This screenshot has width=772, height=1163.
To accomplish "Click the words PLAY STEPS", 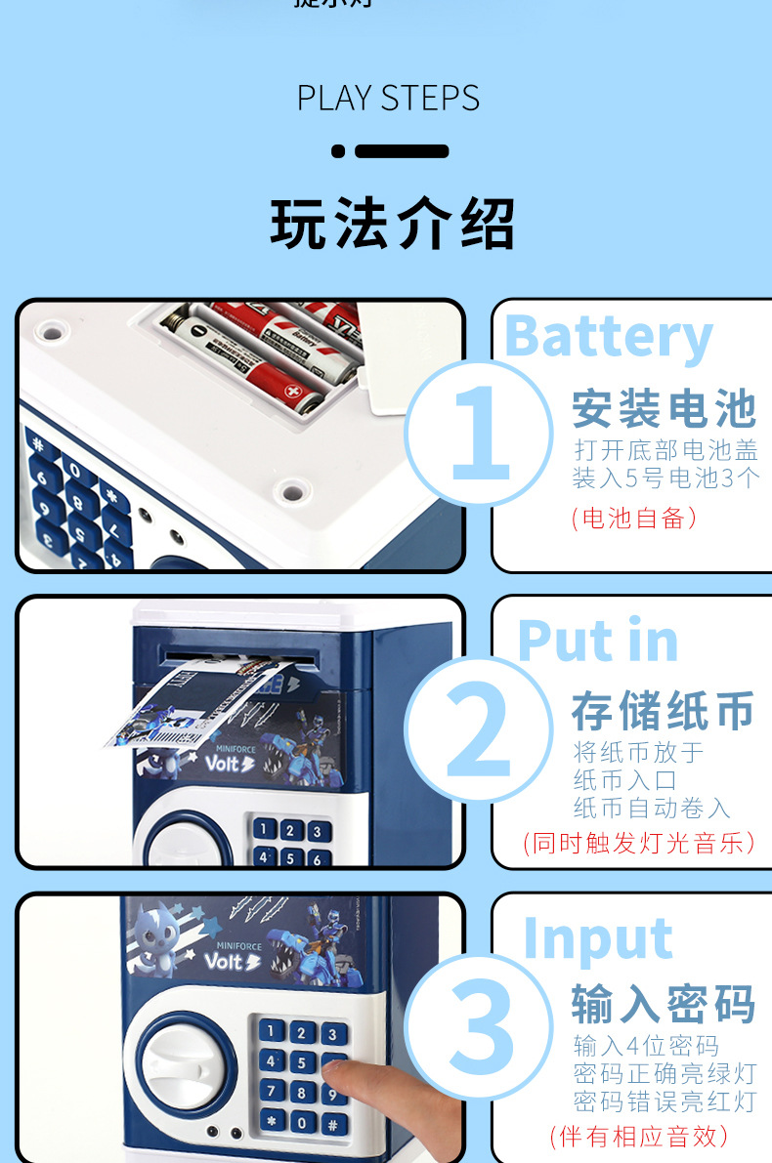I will [x=388, y=99].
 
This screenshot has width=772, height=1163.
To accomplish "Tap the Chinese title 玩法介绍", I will [x=392, y=224].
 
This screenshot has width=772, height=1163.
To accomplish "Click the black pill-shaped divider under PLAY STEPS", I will [x=401, y=151].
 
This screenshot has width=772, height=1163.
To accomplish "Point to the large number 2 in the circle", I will [x=478, y=731].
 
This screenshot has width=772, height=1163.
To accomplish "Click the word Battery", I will [x=609, y=337].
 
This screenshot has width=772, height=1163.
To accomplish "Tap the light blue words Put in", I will [x=597, y=642].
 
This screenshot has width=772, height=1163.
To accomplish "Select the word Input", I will [x=598, y=938].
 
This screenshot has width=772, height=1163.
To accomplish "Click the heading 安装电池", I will [x=664, y=409].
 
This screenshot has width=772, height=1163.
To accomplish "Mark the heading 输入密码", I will [x=664, y=1004].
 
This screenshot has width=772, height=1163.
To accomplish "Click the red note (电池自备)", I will [x=634, y=518].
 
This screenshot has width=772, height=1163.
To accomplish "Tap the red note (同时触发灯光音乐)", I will [x=640, y=843].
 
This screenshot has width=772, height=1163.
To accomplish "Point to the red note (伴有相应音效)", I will [x=639, y=1136].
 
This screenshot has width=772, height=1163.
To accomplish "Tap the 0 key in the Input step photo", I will [x=302, y=1122].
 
